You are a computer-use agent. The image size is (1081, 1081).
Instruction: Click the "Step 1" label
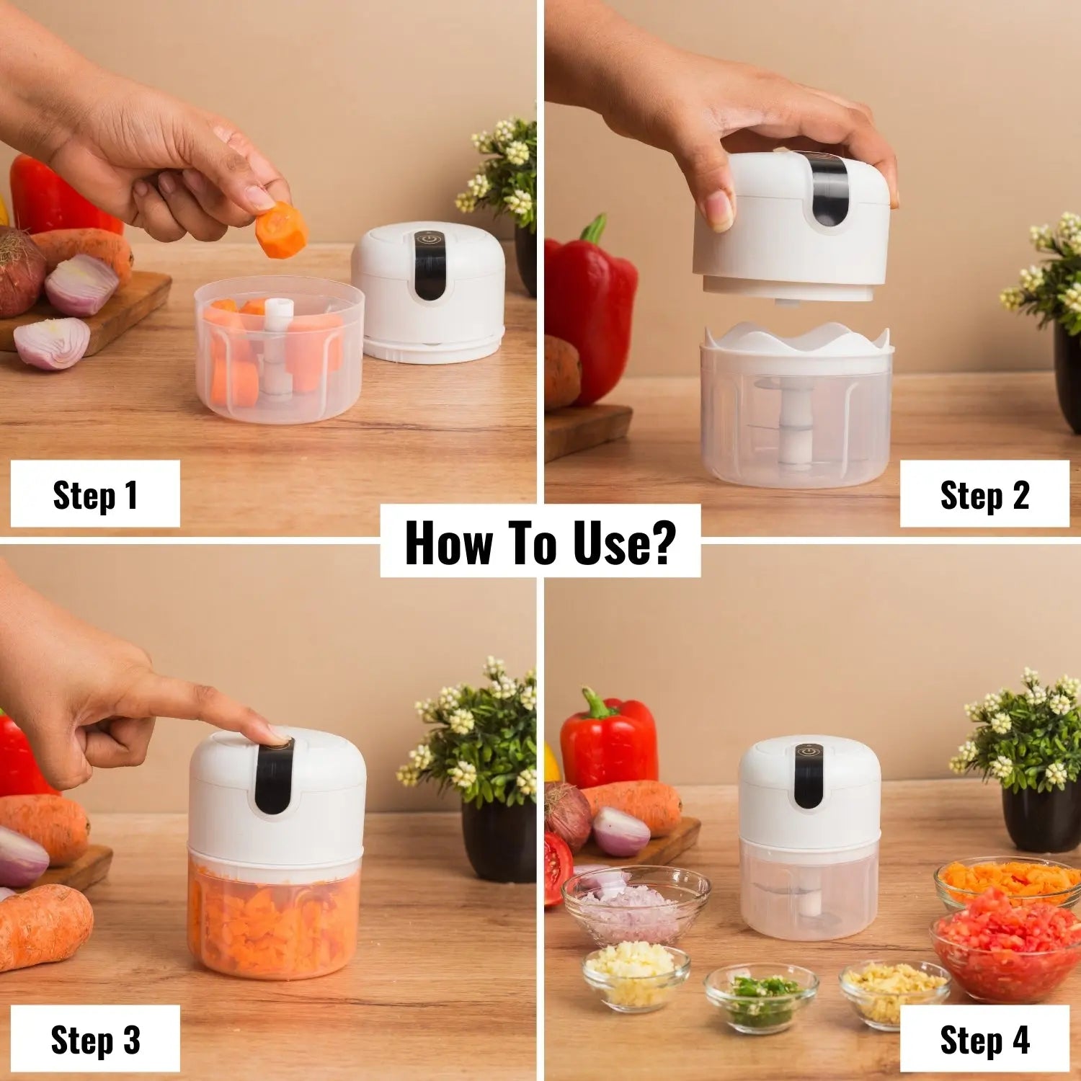95,495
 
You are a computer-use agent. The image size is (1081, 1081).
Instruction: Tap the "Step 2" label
984,495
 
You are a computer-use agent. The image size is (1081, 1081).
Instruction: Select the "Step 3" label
95,1040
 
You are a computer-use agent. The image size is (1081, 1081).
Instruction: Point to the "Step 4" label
984,1040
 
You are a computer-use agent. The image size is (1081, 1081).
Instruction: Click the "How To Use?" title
540,542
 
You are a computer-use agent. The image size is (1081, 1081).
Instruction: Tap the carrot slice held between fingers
282,231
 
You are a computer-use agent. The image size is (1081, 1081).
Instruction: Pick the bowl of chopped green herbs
761,997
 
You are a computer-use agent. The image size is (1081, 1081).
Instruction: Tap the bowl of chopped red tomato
1007,944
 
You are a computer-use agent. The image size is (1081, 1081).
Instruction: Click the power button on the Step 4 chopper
809,752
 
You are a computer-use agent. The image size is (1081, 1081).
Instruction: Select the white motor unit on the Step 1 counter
429,292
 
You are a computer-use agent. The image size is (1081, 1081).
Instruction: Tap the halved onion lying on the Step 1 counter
52,343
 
